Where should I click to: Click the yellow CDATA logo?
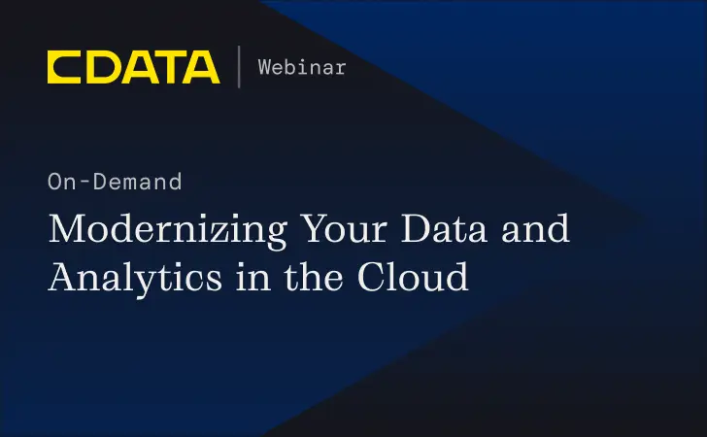click(x=133, y=67)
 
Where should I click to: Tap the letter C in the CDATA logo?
click(x=65, y=67)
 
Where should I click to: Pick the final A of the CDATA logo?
click(x=202, y=67)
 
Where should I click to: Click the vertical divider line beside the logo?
click(x=239, y=67)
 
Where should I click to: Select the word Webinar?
click(x=302, y=67)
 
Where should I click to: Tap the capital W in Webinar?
click(x=264, y=67)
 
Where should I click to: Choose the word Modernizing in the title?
click(x=165, y=231)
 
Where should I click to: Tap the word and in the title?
click(x=537, y=231)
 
